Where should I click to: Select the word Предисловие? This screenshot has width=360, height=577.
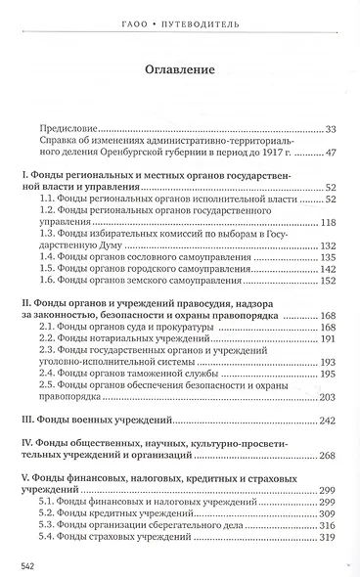coord(70,127)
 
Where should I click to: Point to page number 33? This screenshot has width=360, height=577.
coord(331,127)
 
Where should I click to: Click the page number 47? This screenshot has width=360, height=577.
coord(331,154)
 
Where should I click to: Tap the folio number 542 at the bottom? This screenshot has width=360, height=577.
coord(17,565)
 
